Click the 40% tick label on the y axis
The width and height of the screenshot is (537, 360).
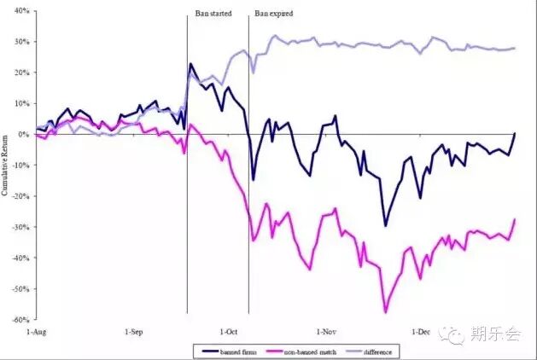click(21, 11)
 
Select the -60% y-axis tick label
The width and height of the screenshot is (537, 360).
click(20, 320)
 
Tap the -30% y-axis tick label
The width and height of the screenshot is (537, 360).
click(20, 227)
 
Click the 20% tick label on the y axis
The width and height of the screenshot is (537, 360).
click(21, 73)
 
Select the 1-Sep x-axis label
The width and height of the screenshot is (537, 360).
click(135, 331)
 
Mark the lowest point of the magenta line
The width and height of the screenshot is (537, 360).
click(385, 312)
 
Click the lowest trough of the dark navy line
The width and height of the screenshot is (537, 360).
click(385, 225)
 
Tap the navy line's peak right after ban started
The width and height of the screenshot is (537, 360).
click(191, 64)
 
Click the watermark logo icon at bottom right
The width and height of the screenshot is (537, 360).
click(458, 335)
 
